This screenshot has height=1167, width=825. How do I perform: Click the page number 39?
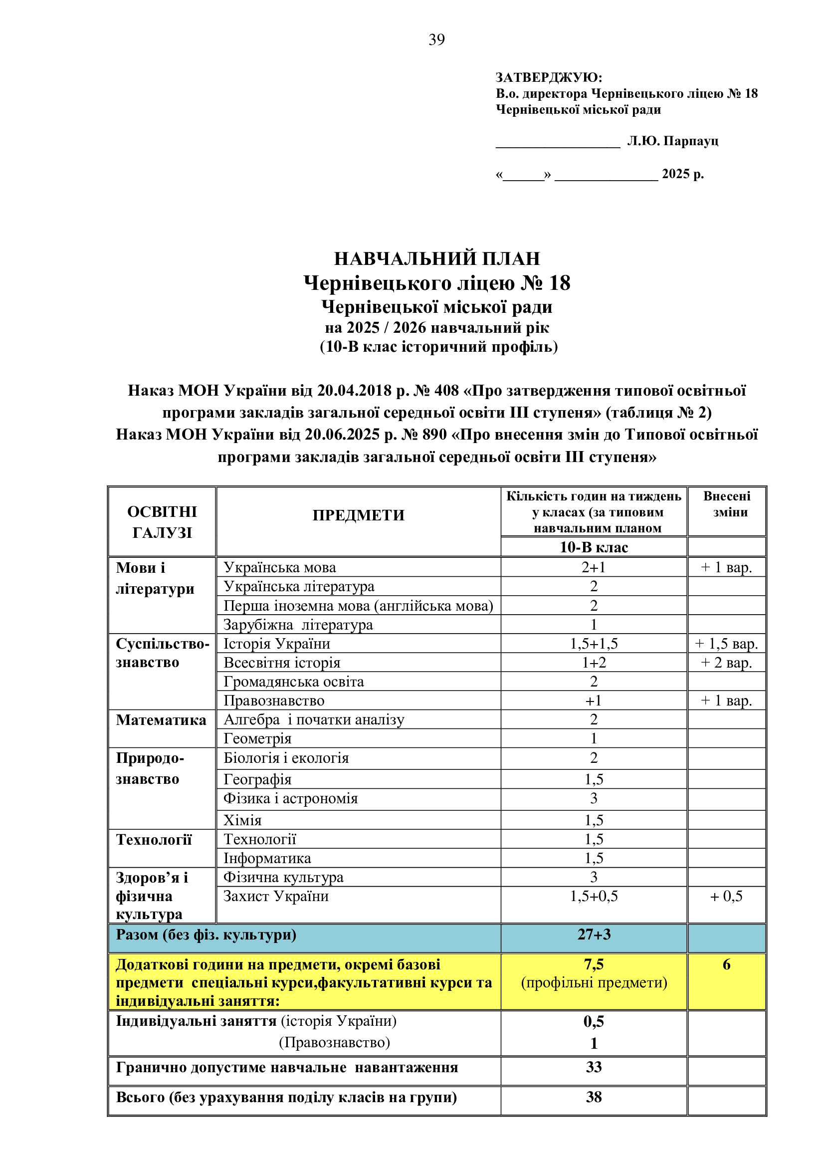(x=436, y=39)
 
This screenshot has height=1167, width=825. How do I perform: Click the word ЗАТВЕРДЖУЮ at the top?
(x=549, y=77)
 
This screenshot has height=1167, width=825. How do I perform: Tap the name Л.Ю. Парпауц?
(x=672, y=141)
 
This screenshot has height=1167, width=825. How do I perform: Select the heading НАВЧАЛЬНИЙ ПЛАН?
(x=437, y=259)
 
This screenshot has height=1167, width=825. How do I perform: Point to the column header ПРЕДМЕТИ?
(x=358, y=515)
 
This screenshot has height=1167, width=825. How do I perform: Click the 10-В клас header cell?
(x=594, y=547)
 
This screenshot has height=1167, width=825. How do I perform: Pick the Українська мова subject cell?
(x=280, y=567)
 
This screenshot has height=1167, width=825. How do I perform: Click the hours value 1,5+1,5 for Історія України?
(x=594, y=644)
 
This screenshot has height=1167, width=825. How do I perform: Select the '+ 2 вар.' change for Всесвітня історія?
(x=726, y=663)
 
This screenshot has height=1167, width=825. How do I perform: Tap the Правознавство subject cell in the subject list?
(x=274, y=701)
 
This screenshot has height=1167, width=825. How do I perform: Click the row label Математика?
(x=161, y=720)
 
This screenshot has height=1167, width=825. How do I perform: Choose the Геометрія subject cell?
(x=257, y=738)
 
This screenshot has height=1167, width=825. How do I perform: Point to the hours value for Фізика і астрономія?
(x=594, y=798)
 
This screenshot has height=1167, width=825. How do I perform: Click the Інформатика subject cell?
(x=267, y=859)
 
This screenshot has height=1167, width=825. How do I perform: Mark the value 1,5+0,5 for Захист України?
(x=594, y=896)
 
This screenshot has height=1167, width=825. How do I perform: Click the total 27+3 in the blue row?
(x=594, y=934)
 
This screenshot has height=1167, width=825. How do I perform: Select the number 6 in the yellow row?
(x=726, y=964)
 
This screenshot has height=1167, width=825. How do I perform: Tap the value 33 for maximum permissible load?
(x=594, y=1067)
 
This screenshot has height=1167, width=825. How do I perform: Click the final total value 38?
(x=594, y=1097)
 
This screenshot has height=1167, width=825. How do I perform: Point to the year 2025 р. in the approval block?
(x=683, y=174)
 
